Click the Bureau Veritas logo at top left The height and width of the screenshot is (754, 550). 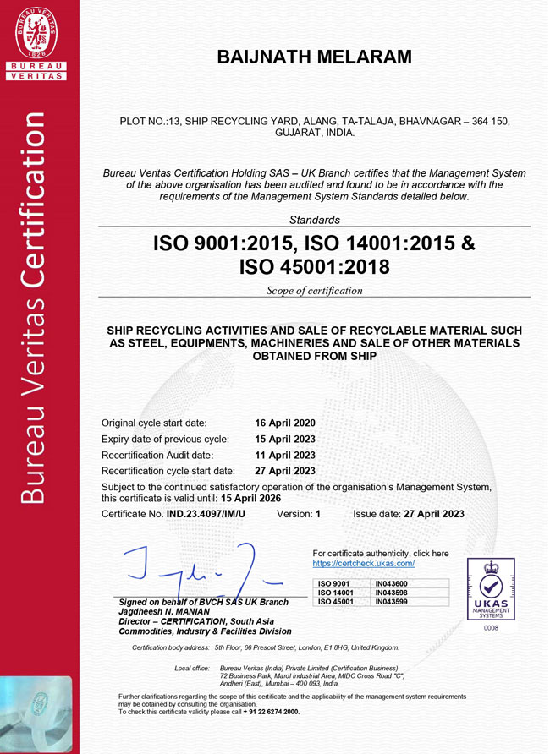click(x=39, y=43)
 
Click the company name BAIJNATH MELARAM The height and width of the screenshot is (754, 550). click(x=314, y=57)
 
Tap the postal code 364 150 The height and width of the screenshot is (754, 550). click(x=482, y=122)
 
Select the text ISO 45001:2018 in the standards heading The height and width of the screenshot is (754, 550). click(x=314, y=268)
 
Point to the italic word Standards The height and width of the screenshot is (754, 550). click(x=314, y=220)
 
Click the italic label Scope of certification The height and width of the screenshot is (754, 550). click(x=314, y=291)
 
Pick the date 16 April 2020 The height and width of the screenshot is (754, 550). click(x=284, y=423)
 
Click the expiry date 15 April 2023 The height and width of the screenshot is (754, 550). click(x=284, y=439)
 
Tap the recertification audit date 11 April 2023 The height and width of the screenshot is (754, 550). click(x=284, y=455)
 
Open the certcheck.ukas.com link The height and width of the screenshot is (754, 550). click(x=363, y=563)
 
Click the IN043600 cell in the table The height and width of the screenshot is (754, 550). click(x=391, y=583)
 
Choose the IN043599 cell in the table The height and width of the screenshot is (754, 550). click(x=391, y=601)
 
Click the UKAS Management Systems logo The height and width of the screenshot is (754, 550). click(x=491, y=592)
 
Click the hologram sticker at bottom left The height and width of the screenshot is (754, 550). click(x=39, y=710)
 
